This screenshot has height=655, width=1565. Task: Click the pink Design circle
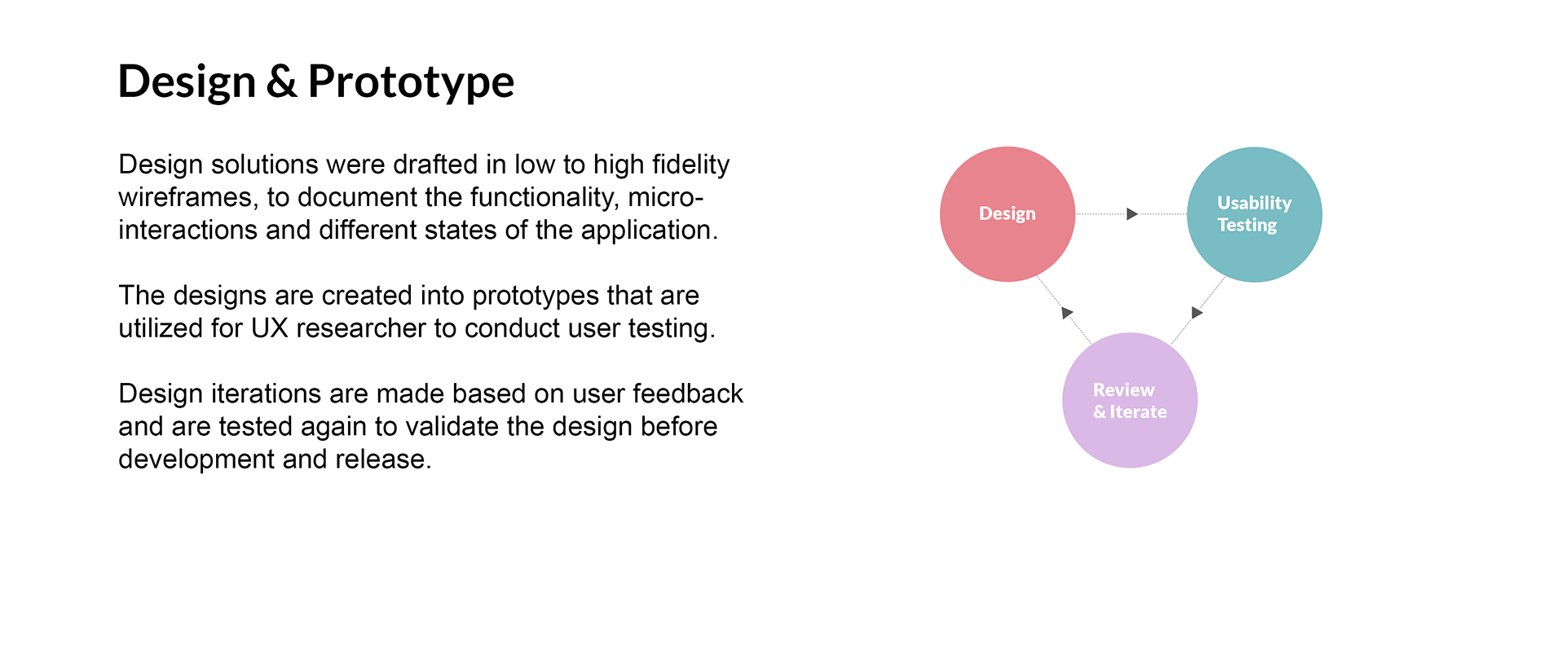click(x=1007, y=214)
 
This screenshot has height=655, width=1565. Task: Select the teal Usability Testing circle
click(x=1254, y=214)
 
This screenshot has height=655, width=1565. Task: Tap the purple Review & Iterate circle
click(x=1130, y=400)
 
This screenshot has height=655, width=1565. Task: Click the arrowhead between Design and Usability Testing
click(x=1132, y=214)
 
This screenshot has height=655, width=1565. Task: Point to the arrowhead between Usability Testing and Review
click(x=1197, y=313)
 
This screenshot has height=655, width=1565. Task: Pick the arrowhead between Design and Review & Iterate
click(x=1067, y=313)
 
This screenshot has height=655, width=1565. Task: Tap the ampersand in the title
click(x=281, y=81)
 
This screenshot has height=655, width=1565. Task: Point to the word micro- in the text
click(x=665, y=198)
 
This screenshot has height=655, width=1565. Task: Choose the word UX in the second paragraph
click(x=270, y=328)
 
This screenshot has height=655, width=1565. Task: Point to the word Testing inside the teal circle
click(x=1247, y=226)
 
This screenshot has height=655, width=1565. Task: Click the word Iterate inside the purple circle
click(x=1138, y=412)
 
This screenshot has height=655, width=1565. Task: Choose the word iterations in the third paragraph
click(x=267, y=393)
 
